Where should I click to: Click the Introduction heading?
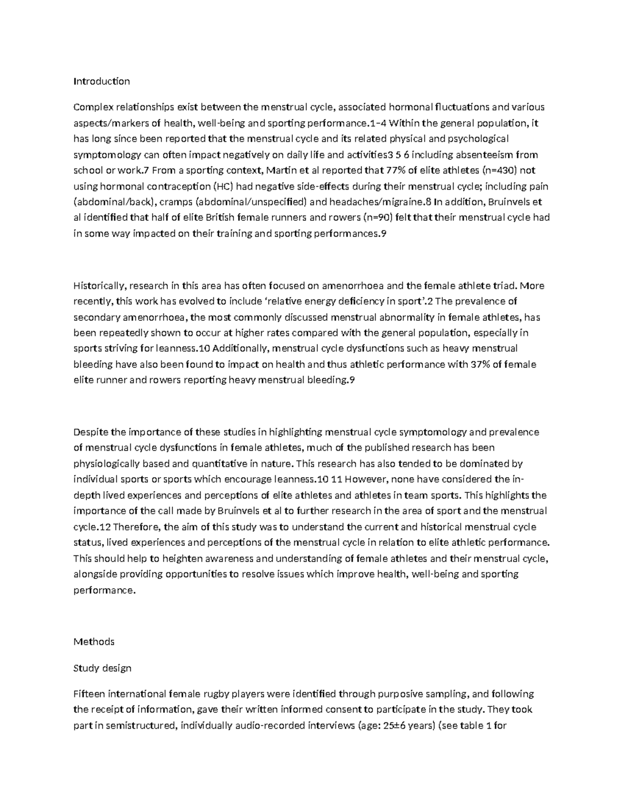pos(102,81)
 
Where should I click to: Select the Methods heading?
pos(94,642)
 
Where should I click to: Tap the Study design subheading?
pos(102,668)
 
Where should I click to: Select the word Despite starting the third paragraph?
pos(91,432)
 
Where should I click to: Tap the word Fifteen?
pos(90,694)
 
